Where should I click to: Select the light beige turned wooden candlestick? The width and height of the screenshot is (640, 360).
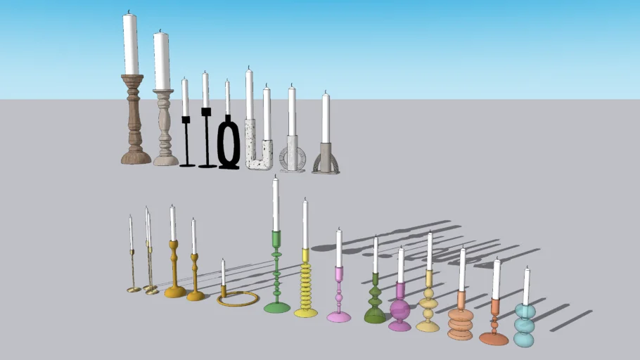[x=165, y=127]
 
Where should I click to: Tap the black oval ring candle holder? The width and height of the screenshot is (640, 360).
[x=229, y=144]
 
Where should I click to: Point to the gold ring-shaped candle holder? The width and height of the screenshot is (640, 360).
[x=238, y=300]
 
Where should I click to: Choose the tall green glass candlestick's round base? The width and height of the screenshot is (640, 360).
[x=276, y=307]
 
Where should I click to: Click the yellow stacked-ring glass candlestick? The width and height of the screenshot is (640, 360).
[x=306, y=285]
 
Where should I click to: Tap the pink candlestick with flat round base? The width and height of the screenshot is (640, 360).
[x=338, y=295]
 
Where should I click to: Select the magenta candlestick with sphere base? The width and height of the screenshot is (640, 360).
[x=399, y=309]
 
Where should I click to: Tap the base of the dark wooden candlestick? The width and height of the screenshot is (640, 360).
[x=136, y=156]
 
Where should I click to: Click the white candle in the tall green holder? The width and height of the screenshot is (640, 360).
[x=276, y=204]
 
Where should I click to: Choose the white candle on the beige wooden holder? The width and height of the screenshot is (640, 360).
[x=162, y=60]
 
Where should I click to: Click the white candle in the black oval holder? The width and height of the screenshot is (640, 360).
[x=227, y=98]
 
